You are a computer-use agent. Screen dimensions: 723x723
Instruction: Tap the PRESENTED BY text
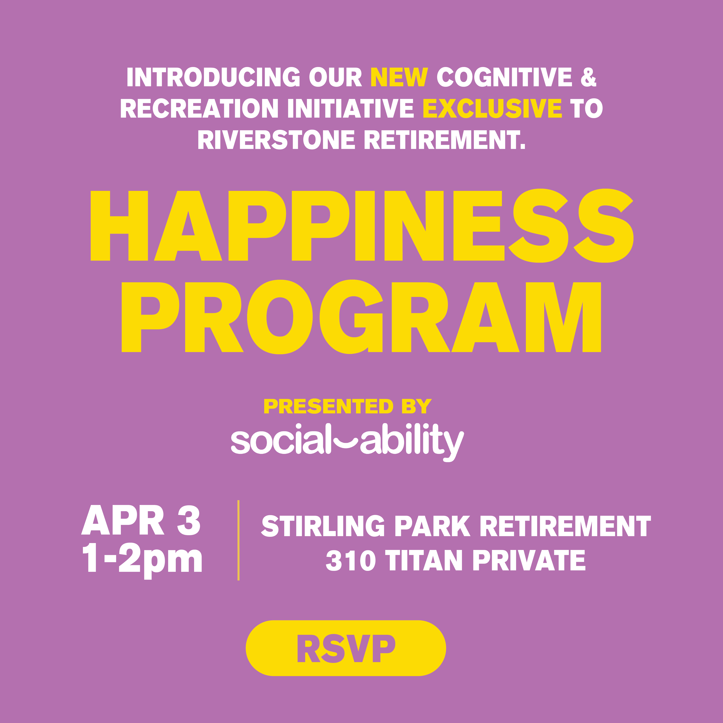point(348,406)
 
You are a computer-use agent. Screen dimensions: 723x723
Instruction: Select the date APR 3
point(141,520)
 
